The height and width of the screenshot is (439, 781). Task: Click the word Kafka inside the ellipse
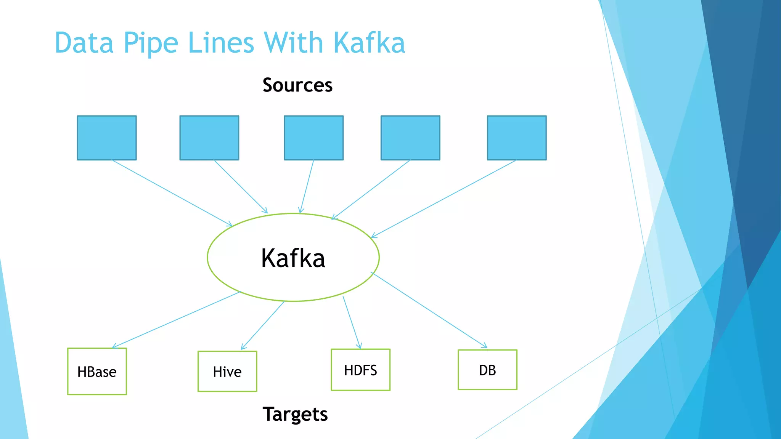click(x=293, y=258)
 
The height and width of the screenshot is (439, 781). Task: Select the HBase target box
click(x=97, y=371)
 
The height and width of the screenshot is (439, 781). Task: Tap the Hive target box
click(x=227, y=371)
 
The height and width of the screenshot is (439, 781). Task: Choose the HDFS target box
click(x=360, y=370)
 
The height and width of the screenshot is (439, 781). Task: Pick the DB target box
click(x=487, y=370)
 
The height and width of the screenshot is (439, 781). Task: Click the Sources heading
click(x=297, y=85)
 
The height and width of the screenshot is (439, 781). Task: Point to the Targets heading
click(x=295, y=414)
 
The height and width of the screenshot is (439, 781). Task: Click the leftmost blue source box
click(x=107, y=138)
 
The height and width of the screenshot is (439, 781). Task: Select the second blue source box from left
click(x=209, y=138)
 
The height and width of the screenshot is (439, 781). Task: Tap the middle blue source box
click(x=313, y=138)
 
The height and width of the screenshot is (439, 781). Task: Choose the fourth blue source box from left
click(x=410, y=138)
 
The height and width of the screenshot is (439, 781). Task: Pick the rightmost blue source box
click(x=517, y=138)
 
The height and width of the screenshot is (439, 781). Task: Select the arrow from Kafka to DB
click(x=429, y=310)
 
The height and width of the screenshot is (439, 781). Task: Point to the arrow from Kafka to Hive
click(x=263, y=325)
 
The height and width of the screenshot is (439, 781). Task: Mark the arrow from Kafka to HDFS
click(x=352, y=322)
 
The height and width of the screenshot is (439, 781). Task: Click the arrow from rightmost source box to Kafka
click(x=444, y=199)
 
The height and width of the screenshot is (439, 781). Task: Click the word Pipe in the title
click(x=151, y=43)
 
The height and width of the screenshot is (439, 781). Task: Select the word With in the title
click(x=294, y=43)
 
